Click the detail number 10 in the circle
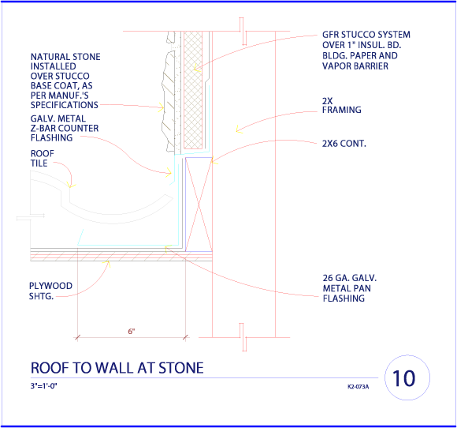pos(403,378)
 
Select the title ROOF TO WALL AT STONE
pos(117,368)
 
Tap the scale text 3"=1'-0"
pos(43,386)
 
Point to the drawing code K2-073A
pos(359,387)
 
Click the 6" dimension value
pos(132,332)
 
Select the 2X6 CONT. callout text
pos(344,144)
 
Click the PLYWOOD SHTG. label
pos(50,291)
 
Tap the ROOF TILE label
pos(43,159)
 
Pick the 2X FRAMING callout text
pos(342,106)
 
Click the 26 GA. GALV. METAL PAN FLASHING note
pos(350,288)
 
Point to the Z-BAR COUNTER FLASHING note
pos(65,128)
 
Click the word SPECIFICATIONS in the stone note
pos(65,105)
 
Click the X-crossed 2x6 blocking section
pos(199,205)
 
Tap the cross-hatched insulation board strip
pos(193,90)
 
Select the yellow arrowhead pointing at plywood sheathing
pos(107,263)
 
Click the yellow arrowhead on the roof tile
pos(71,185)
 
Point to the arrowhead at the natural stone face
pos(161,107)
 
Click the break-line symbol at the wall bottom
pos(243,337)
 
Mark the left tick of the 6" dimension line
pos(77,337)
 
